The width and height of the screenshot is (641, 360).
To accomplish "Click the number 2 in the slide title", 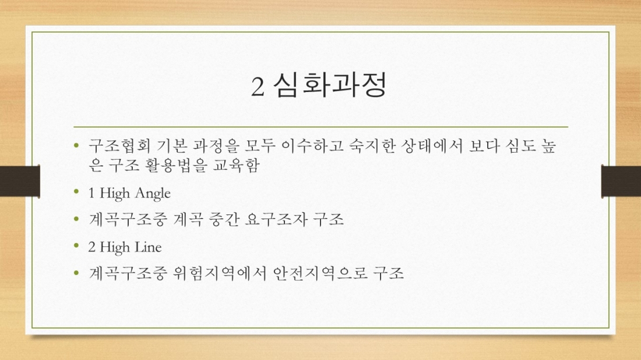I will click(258, 87).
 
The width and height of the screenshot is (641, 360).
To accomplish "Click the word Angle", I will click(153, 193).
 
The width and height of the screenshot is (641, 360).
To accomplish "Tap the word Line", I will click(148, 247).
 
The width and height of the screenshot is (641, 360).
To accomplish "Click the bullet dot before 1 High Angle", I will click(77, 192).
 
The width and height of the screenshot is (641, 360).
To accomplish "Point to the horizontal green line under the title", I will click(320, 126).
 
